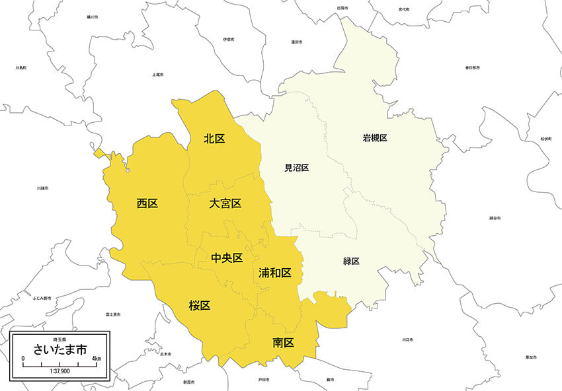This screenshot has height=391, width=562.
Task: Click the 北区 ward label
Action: pos(214,139)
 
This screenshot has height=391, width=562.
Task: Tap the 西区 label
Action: pos(147,203)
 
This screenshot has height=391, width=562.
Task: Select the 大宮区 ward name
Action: pos(225,203)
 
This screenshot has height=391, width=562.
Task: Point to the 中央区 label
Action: pos(227,258)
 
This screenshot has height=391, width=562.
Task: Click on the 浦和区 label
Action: pos(275,272)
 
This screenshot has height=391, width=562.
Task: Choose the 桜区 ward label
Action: pos(199,305)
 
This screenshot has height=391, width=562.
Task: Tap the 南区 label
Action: pos(283,342)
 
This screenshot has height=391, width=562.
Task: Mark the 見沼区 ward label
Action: pos(297,168)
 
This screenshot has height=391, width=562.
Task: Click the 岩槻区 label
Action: pos(374,138)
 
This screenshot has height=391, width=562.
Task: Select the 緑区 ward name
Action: pos(351,262)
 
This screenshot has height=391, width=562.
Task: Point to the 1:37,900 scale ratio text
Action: pos(60,371)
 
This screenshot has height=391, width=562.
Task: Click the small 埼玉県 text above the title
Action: pos(60,339)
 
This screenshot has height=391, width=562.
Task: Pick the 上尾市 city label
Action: pos(157,75)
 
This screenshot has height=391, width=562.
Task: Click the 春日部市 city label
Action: pos(472,67)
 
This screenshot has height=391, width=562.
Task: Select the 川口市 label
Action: pos(407,340)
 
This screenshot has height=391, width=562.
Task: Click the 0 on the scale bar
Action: pos(23,359)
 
